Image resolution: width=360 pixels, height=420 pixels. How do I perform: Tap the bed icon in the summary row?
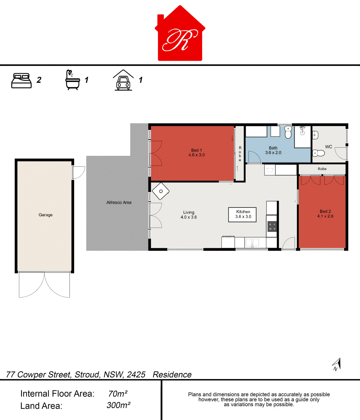(21, 81)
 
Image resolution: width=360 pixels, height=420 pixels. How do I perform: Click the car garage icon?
(123, 80)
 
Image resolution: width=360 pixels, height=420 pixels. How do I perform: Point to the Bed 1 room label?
(197, 150)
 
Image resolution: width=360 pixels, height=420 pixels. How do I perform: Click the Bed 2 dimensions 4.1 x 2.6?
(325, 216)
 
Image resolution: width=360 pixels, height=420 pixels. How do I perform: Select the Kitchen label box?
(243, 214)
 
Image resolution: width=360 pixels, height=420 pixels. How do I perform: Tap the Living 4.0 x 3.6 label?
(188, 215)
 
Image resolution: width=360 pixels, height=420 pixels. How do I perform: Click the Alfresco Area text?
(119, 203)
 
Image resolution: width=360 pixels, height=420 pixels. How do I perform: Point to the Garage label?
(46, 215)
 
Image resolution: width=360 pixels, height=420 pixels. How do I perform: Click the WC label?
(328, 147)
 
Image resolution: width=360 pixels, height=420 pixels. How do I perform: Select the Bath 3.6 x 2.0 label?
(273, 150)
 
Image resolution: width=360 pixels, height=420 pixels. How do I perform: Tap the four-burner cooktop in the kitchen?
(272, 226)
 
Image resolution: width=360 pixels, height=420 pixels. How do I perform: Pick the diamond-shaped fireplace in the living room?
(161, 191)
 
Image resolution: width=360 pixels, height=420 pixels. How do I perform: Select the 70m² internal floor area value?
(118, 394)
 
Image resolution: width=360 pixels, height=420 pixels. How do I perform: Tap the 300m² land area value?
(118, 405)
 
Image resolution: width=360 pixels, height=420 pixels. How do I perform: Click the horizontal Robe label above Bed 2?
(322, 169)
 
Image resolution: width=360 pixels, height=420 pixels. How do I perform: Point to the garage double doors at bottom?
(44, 285)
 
